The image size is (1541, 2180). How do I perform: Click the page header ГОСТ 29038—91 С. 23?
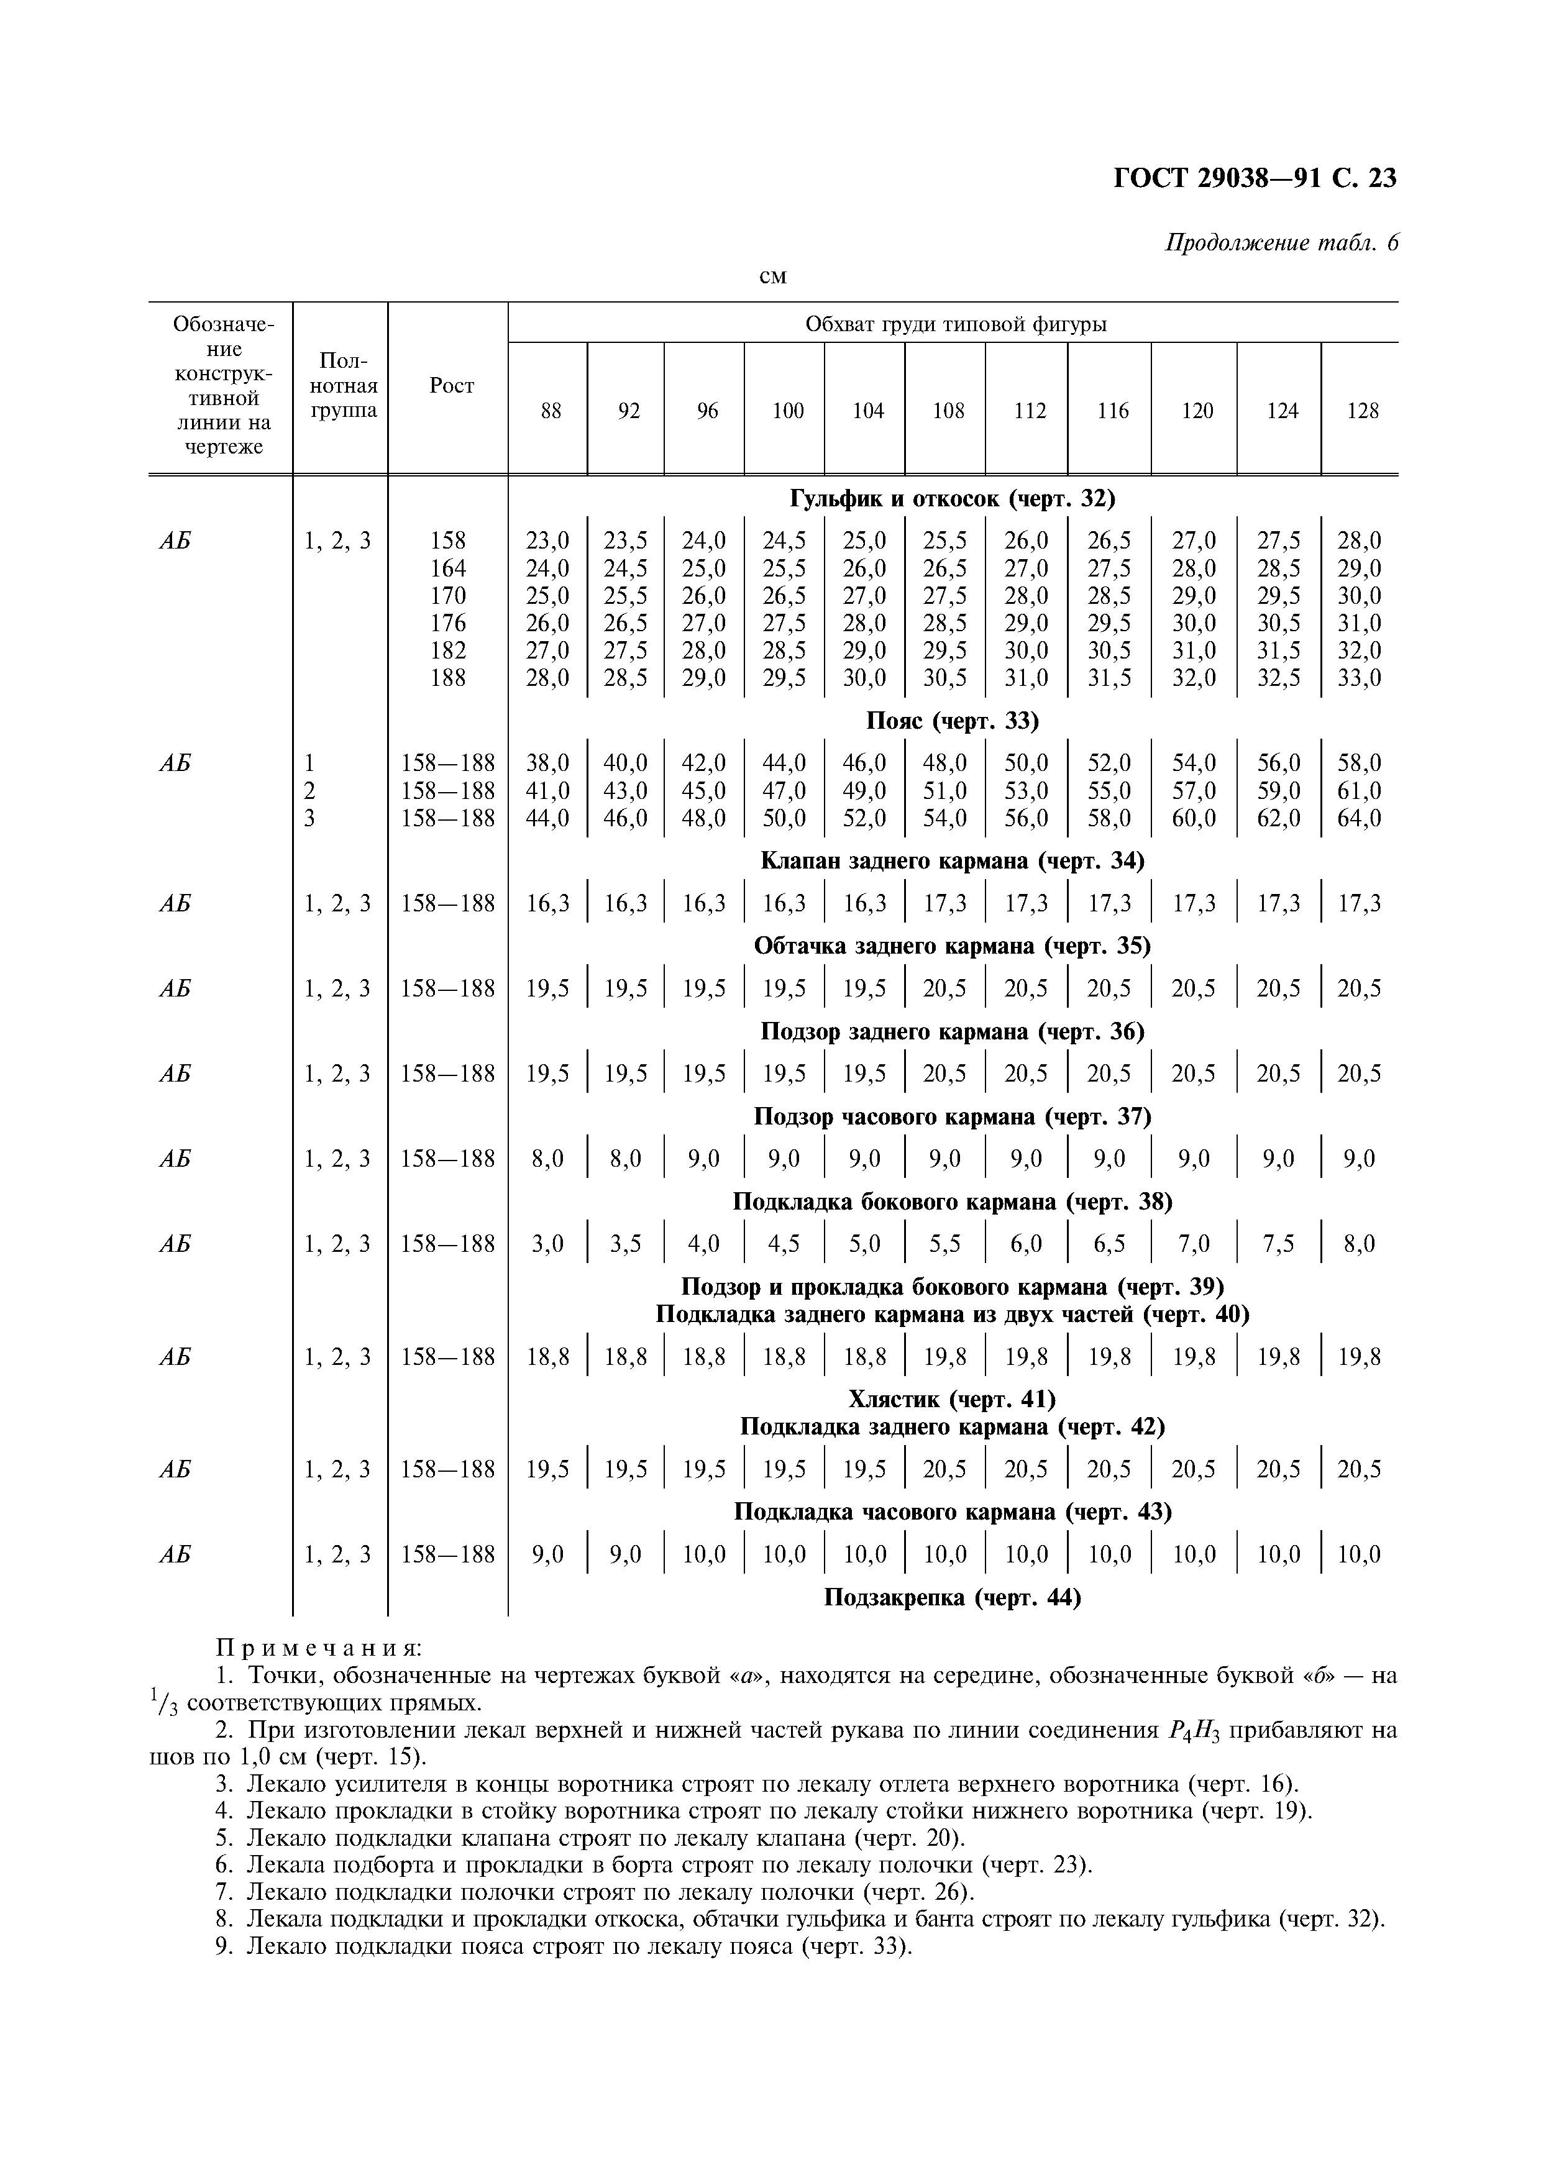pos(1253,178)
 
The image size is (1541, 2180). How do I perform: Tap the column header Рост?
pos(451,385)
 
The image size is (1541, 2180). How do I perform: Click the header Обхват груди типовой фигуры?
pos(955,325)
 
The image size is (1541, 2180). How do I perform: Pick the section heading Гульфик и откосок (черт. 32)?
pos(953,498)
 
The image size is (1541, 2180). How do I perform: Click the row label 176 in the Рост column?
pos(448,623)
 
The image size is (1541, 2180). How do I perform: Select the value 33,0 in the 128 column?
pos(1360,678)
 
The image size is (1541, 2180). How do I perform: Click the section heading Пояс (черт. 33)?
pos(953,722)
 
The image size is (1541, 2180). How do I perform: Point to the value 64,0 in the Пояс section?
pos(1360,818)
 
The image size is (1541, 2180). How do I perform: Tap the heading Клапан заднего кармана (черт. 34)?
pos(953,861)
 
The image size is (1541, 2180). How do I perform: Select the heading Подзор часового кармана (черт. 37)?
pos(953,1116)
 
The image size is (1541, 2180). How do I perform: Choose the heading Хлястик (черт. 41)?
pos(953,1400)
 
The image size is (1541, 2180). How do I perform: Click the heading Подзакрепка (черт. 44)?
pos(953,1598)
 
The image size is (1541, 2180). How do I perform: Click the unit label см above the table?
pos(774,276)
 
